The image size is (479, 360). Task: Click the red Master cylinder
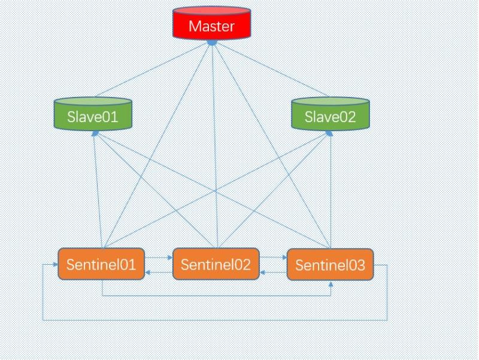[211, 25]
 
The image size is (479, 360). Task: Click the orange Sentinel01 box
[101, 264]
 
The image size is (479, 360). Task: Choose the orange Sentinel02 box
[216, 264]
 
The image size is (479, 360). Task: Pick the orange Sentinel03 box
[330, 265]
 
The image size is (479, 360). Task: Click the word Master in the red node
[211, 26]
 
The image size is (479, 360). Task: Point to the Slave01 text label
[92, 117]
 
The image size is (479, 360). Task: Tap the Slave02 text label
[330, 117]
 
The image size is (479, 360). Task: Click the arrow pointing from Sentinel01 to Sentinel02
[159, 258]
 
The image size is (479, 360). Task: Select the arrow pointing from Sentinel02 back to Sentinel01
[159, 273]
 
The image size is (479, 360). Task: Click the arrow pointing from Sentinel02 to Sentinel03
[273, 258]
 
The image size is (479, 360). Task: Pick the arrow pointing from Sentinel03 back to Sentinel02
[273, 273]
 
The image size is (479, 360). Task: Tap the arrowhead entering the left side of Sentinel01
[54, 264]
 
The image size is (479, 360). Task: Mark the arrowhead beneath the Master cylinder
[211, 43]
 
